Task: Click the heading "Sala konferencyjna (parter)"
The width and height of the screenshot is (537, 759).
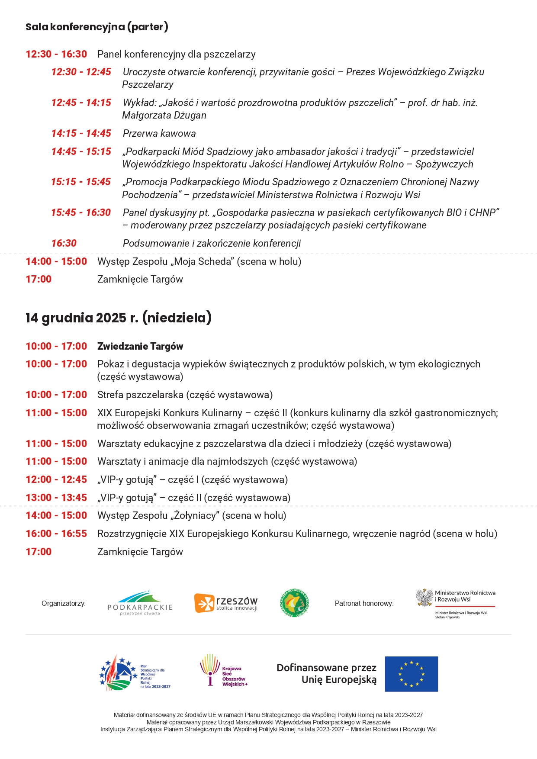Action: pos(96,27)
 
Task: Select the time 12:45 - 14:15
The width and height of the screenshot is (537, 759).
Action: pos(81,103)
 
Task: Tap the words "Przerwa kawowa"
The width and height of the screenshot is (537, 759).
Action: pos(159,133)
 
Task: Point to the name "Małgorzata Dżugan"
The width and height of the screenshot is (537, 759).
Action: pos(164,116)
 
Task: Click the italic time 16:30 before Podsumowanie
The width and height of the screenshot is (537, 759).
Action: pos(64,243)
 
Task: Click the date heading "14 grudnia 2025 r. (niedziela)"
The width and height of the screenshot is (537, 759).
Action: pos(118,318)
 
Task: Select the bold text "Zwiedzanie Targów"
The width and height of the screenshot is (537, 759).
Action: pos(140,346)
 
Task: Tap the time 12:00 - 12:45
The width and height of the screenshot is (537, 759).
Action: pos(56,479)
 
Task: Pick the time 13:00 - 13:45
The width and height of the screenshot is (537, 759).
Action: pos(56,498)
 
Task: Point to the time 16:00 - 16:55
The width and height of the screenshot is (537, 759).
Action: pos(56,534)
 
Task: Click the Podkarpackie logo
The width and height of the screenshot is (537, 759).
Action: pos(140,603)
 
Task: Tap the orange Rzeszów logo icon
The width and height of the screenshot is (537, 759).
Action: pos(204,603)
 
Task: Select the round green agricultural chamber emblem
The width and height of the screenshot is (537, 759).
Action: pos(294,603)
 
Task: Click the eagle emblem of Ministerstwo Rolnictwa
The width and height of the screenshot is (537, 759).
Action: pos(424,598)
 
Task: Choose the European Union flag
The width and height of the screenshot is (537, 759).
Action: pos(411,674)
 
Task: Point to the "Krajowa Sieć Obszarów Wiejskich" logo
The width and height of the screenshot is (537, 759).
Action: pos(223,670)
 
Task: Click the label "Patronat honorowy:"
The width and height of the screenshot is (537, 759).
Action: pos(364,603)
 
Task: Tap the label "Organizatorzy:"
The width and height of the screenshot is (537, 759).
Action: pos(64,603)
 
